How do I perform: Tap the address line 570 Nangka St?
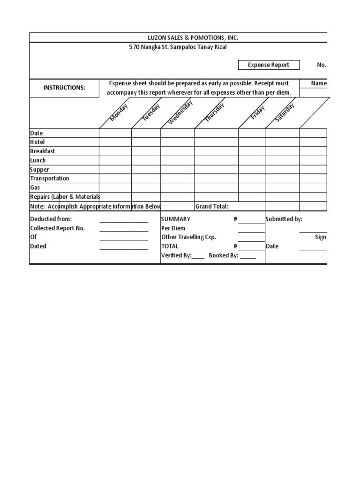pos(178,47)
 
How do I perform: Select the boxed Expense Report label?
pos(269,65)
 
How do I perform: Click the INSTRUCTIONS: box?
pos(64,88)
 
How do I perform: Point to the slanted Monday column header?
pos(119,112)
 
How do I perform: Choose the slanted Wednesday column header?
pos(180,113)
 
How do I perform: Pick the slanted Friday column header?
pos(258,112)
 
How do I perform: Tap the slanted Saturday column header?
pos(285,112)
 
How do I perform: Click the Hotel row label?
pos(37,142)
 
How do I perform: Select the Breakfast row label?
pos(43,151)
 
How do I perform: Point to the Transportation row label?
pos(50,179)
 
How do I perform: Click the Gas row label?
pos(36,187)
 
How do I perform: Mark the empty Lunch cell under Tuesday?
pos(146,160)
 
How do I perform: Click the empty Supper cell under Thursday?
pos(216,169)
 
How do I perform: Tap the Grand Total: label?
pos(211,206)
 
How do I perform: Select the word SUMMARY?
pos(176,219)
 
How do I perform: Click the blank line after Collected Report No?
pos(124,229)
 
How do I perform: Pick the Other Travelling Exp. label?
pos(188,237)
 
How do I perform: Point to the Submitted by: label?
pos(284,219)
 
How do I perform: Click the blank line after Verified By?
pos(198,256)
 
